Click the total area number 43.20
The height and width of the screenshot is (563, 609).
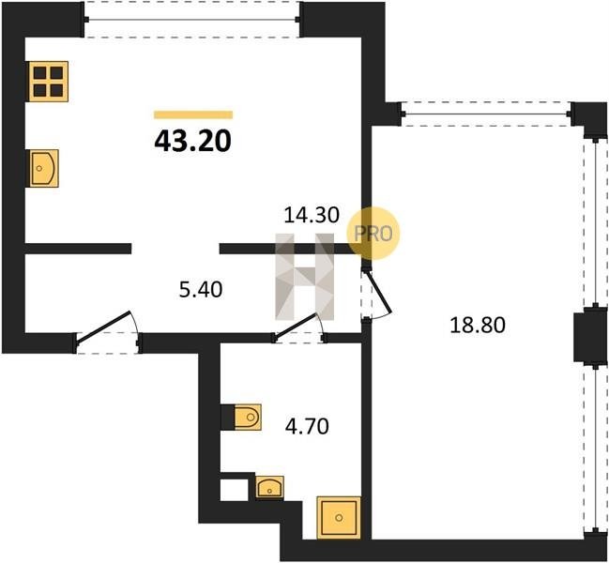click(x=192, y=141)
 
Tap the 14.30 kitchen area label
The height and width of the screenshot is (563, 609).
click(x=312, y=215)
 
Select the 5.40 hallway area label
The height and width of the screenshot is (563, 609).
click(x=201, y=290)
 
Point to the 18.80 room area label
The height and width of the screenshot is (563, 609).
click(x=478, y=325)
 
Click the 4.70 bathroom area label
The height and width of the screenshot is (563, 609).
click(x=307, y=426)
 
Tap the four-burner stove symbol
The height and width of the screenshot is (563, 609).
click(x=49, y=82)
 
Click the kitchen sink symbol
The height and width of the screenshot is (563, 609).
click(x=44, y=168)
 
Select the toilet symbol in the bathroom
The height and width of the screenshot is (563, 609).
click(x=248, y=418)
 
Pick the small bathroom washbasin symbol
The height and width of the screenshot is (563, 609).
click(x=269, y=487)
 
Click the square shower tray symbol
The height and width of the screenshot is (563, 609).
click(x=339, y=518)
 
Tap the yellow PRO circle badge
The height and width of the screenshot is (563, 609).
click(x=373, y=234)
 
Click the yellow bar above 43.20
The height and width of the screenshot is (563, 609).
click(x=193, y=114)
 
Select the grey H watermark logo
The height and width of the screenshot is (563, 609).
click(x=304, y=277)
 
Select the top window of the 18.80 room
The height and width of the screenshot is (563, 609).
click(x=486, y=114)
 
